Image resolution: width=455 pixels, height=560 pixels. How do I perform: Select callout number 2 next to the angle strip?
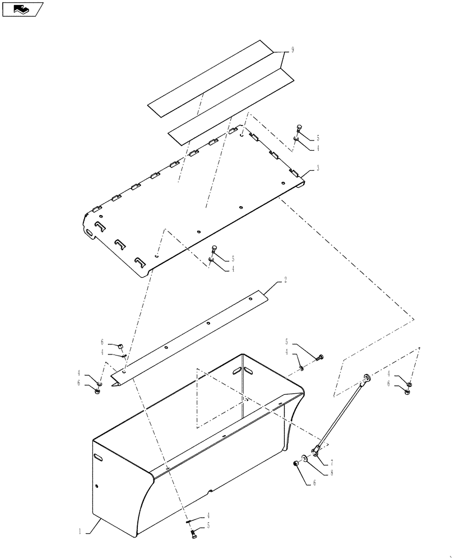pyautogui.click(x=285, y=279)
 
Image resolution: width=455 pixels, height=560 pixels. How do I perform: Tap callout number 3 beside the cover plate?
pyautogui.click(x=317, y=168)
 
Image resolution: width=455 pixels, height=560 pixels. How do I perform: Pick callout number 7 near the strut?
pyautogui.click(x=331, y=463)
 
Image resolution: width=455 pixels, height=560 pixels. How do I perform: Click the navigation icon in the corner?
pyautogui.click(x=22, y=9)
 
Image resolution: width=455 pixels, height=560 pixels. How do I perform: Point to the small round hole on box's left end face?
pyautogui.click(x=97, y=486)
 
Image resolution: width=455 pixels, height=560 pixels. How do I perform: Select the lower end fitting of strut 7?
pyautogui.click(x=317, y=450)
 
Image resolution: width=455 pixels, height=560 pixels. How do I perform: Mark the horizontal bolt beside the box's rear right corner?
pyautogui.click(x=319, y=357)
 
